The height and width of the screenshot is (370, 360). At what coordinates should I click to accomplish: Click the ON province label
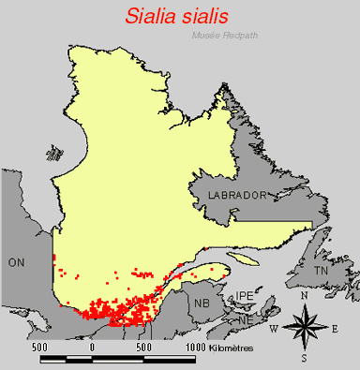pyautogui.click(x=16, y=262)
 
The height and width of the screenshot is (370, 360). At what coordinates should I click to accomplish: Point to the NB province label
pyautogui.click(x=201, y=303)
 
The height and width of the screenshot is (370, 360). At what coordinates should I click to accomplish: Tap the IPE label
pyautogui.click(x=245, y=295)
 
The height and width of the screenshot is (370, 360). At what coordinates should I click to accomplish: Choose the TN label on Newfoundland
pyautogui.click(x=321, y=270)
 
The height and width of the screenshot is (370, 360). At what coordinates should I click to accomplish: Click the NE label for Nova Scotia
pyautogui.click(x=247, y=318)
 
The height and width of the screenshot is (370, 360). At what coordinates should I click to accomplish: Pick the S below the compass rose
pyautogui.click(x=304, y=357)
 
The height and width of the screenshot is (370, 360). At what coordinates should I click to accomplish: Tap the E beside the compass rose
pyautogui.click(x=335, y=328)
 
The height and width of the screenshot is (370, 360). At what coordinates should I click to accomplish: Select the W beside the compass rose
pyautogui.click(x=274, y=328)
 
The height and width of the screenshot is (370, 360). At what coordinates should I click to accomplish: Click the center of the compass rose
pyautogui.click(x=304, y=327)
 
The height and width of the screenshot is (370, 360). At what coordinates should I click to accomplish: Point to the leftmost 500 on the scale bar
pyautogui.click(x=39, y=348)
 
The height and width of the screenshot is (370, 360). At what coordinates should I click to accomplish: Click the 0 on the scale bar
pyautogui.click(x=92, y=348)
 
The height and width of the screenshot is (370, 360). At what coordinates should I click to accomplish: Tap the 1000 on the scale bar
pyautogui.click(x=195, y=348)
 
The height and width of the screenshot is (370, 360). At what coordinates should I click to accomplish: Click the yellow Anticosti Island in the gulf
pyautogui.click(x=242, y=256)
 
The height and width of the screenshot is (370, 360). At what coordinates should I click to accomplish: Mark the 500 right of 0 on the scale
pyautogui.click(x=143, y=348)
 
